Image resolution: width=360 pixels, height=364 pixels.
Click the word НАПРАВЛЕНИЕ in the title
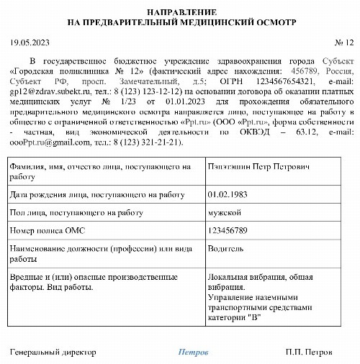coord(181,12)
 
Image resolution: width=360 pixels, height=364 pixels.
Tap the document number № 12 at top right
coord(345,43)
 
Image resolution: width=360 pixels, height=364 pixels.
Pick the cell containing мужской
coord(225,212)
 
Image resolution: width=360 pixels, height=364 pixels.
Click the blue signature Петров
coord(194,352)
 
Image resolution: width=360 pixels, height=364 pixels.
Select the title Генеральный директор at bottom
coord(53,352)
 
